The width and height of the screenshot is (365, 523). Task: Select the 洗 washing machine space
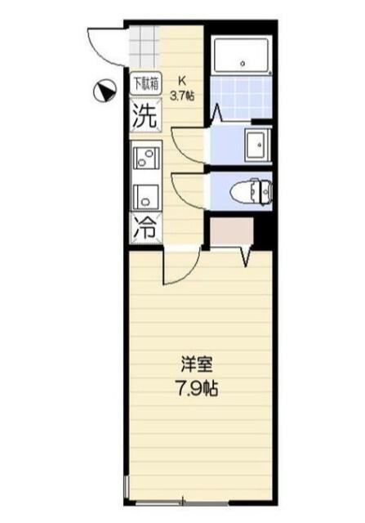click(x=144, y=114)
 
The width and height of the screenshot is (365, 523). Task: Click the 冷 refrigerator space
click(x=144, y=226)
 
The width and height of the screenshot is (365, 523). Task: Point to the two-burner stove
click(x=145, y=155)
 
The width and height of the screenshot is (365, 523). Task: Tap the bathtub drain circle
click(x=243, y=61)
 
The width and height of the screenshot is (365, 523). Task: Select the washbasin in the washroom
click(x=258, y=145)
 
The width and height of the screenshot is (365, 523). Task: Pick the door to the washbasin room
click(x=188, y=147)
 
